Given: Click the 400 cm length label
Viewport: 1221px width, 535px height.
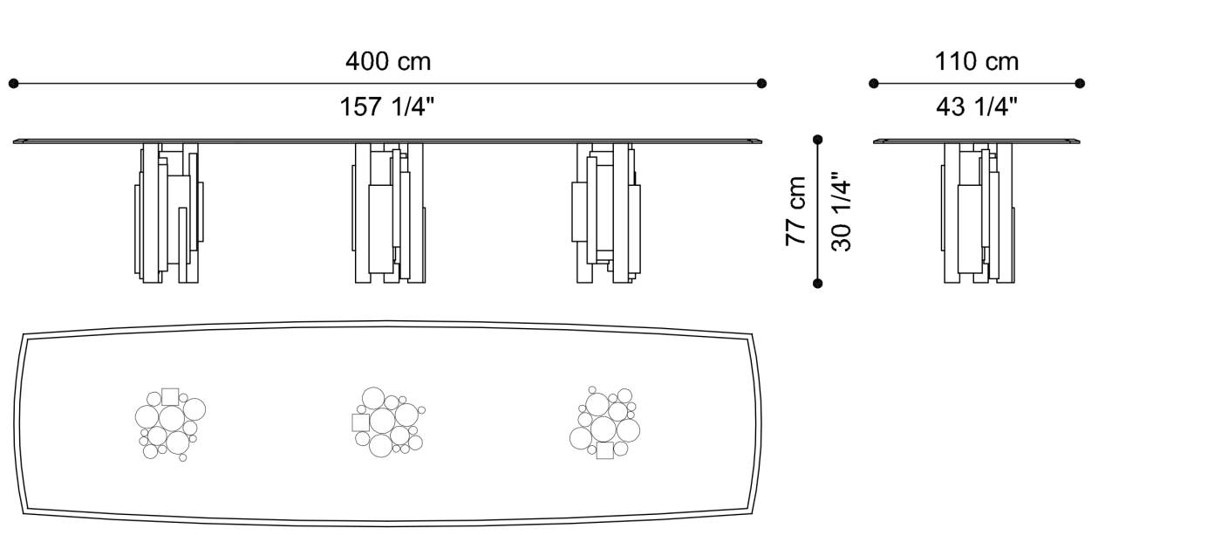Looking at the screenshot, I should point(387,62).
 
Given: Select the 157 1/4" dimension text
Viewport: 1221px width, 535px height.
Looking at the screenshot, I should point(387,107).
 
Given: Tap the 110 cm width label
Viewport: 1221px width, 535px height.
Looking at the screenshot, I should point(976,62).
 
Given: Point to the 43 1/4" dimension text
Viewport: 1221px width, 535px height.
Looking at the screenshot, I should point(976,107).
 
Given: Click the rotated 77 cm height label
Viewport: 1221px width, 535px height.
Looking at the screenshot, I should point(796,210).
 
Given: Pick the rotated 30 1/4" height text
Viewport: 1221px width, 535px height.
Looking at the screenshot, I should point(840,212).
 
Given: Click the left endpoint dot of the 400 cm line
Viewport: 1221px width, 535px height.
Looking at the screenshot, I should point(13,84).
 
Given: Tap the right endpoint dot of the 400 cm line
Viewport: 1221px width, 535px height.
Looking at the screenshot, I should point(761,84).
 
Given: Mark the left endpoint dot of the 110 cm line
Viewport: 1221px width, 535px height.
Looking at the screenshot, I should point(874,84).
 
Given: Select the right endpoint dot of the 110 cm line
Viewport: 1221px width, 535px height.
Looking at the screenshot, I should point(1080,84).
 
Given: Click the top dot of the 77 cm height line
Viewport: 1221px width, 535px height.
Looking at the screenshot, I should point(817,140).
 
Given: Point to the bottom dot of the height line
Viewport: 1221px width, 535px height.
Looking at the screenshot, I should point(817,283).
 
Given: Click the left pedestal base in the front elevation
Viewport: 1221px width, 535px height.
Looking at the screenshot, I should point(169,213).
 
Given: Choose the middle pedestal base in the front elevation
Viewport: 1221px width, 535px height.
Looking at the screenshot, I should point(389,213).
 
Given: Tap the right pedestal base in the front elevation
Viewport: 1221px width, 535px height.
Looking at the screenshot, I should point(607,213).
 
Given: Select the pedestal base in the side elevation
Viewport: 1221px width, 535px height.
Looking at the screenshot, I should point(979,213).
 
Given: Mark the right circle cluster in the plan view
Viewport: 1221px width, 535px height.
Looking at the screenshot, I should point(604,422).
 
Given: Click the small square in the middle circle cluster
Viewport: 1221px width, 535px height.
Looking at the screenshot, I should point(360,422).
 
